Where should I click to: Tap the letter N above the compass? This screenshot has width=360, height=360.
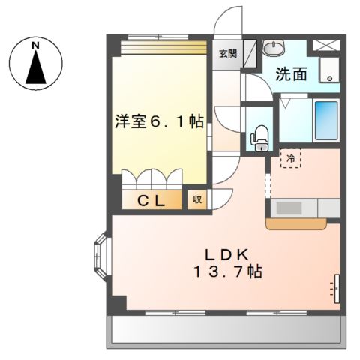(35, 46)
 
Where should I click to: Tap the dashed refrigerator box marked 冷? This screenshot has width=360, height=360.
(291, 157)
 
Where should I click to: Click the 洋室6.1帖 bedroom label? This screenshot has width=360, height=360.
(160, 121)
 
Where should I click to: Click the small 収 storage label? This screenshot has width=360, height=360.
(197, 199)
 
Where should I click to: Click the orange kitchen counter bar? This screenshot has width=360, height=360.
(296, 222)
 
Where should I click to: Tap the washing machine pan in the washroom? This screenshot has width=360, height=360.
(328, 69)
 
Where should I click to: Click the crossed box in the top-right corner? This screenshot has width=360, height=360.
(328, 44)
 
